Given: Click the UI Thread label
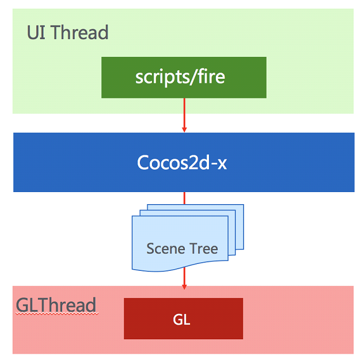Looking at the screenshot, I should tap(67, 32).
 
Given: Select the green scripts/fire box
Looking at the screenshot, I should tap(184, 77).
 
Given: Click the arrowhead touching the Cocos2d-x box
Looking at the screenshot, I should tap(184, 129).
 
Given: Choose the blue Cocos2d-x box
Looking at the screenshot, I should tap(184, 162).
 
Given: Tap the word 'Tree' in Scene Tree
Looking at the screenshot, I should tap(203, 248).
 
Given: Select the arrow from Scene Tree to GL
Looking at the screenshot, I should tap(184, 279).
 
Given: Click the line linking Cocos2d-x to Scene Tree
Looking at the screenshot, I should tap(184, 198).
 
